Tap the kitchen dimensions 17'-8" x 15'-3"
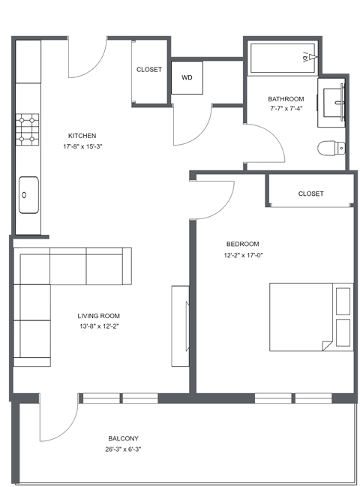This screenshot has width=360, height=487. pos(82,146)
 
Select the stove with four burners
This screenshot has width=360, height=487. pos(28,128)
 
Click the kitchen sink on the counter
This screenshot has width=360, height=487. pos(28,194)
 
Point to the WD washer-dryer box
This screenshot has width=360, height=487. pos(187,77)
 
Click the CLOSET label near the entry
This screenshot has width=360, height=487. pos(148,70)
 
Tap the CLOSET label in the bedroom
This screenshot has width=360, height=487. pos(310,194)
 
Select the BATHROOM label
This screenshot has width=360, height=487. pos(286,99)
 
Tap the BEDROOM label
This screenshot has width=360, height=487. pos(242,244)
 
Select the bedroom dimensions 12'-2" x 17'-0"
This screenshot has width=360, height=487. pos(242,254)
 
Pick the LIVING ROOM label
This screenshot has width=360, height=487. pos(98,316)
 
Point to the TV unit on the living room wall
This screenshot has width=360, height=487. pos(180,326)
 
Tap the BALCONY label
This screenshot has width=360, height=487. pos(122,439)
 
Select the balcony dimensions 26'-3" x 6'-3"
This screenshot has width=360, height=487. pos(122,449)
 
